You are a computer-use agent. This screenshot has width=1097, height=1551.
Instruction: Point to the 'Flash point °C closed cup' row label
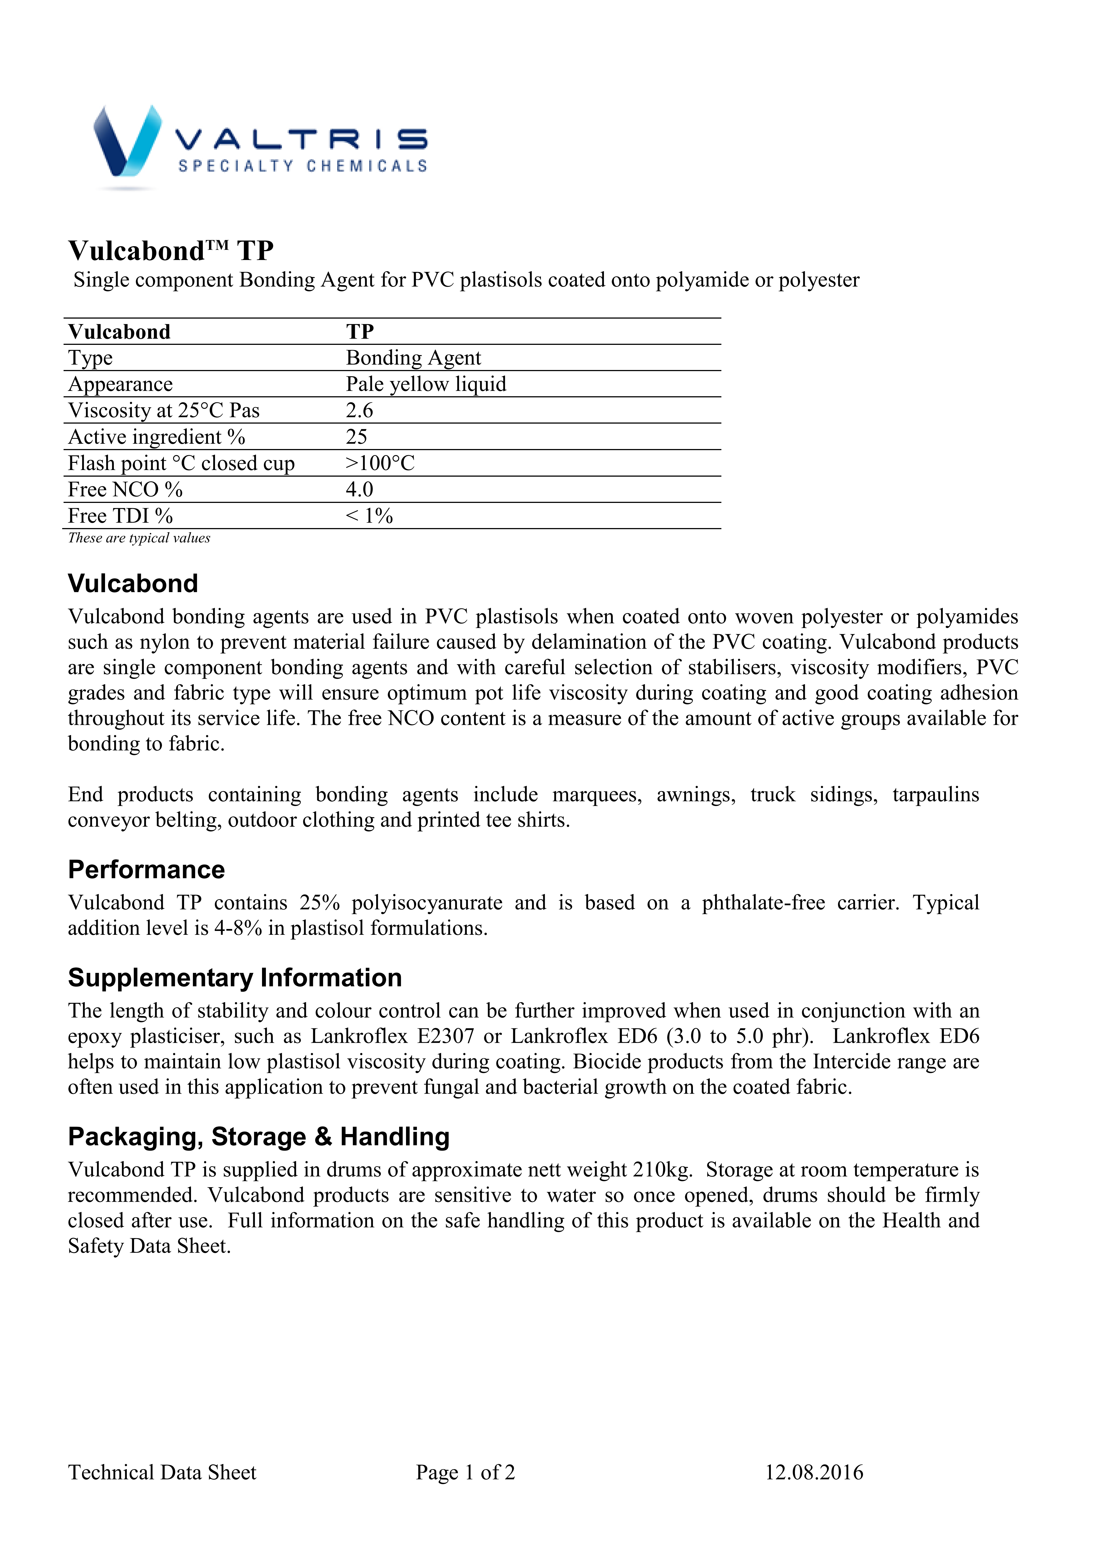point(181,463)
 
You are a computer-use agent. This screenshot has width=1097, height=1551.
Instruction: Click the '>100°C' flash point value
point(380,463)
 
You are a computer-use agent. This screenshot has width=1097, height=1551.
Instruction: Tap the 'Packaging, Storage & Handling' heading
point(259,1137)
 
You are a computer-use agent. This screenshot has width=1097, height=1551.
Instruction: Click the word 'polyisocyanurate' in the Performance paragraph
point(426,903)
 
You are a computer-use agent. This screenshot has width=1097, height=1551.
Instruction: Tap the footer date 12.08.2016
point(814,1473)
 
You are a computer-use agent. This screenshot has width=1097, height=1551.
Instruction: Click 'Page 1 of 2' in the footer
point(465,1473)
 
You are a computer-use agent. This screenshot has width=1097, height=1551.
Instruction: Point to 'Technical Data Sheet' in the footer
point(162,1473)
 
